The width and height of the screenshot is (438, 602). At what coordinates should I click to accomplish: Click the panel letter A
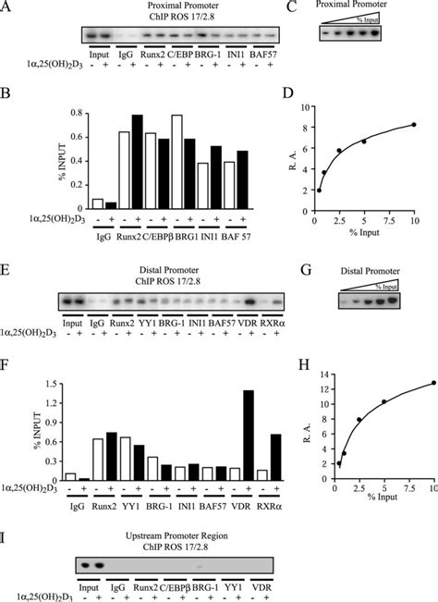point(6,8)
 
